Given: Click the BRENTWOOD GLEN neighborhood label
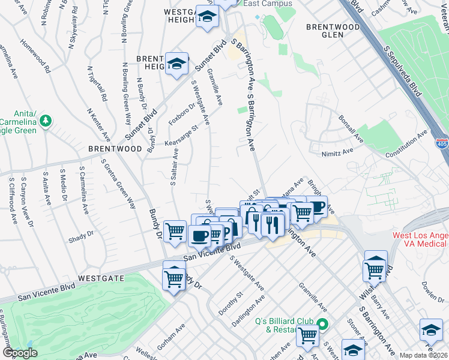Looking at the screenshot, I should (324, 31).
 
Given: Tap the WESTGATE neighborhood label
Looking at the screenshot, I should (101, 278).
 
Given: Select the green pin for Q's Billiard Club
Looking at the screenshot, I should (322, 325).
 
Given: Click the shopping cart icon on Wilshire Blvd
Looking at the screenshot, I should (375, 269).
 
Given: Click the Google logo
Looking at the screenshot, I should (19, 353).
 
